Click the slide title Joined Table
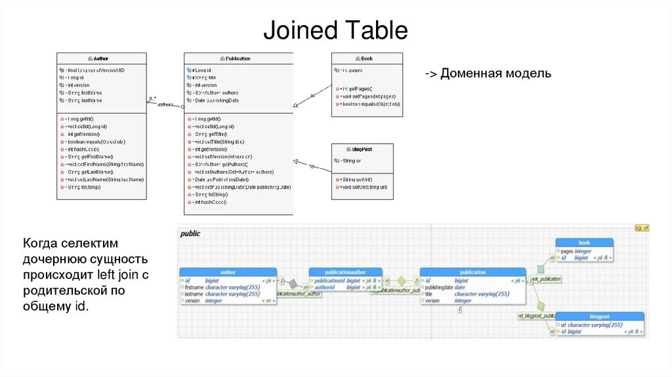(x=335, y=31)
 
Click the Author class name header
(x=101, y=58)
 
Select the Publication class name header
(x=238, y=58)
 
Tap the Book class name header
(x=366, y=58)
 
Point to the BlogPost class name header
(x=362, y=149)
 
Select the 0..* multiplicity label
(x=152, y=99)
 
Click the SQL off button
(x=641, y=228)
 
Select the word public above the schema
(x=190, y=233)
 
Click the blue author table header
(x=228, y=272)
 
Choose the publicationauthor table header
(x=345, y=272)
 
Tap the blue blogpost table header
(x=599, y=317)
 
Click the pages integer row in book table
(x=576, y=251)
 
